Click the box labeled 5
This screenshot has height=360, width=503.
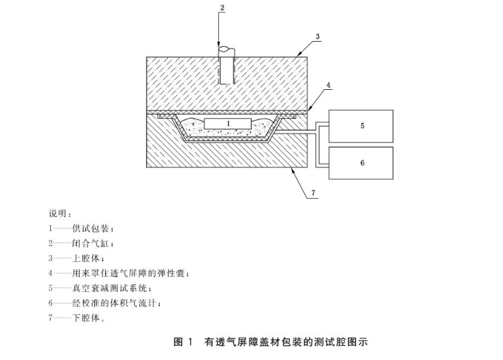pyautogui.click(x=361, y=126)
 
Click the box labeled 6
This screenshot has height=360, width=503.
pyautogui.click(x=361, y=163)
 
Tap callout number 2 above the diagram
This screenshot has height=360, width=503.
pyautogui.click(x=222, y=8)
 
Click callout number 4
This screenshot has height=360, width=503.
pyautogui.click(x=328, y=84)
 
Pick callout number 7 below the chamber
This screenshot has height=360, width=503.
pyautogui.click(x=314, y=192)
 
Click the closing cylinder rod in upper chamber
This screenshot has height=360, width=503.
pyautogui.click(x=225, y=67)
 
